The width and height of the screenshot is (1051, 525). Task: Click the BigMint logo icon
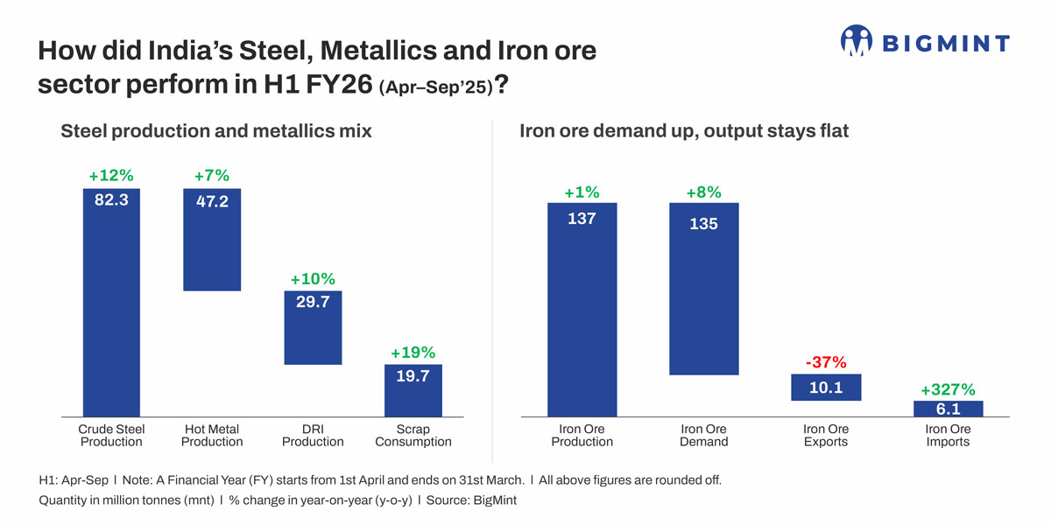click(857, 41)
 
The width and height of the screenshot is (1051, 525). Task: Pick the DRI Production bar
click(313, 337)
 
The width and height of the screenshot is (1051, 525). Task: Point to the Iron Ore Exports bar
click(826, 387)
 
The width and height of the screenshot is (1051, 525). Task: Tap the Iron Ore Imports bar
click(948, 409)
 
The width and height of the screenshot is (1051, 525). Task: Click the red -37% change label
click(826, 362)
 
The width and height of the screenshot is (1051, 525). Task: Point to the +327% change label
click(948, 389)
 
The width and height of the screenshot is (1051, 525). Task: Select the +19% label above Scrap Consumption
click(413, 353)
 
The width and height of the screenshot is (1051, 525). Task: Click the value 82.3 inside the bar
click(111, 199)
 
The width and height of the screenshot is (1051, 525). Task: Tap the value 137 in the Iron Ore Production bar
click(582, 219)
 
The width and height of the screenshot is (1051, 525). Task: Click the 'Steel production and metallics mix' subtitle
click(216, 131)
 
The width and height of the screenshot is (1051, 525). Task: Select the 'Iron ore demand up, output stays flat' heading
click(684, 131)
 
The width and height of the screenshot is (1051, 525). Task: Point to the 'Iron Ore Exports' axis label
click(826, 436)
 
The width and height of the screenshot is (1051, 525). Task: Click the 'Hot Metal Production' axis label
click(212, 436)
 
